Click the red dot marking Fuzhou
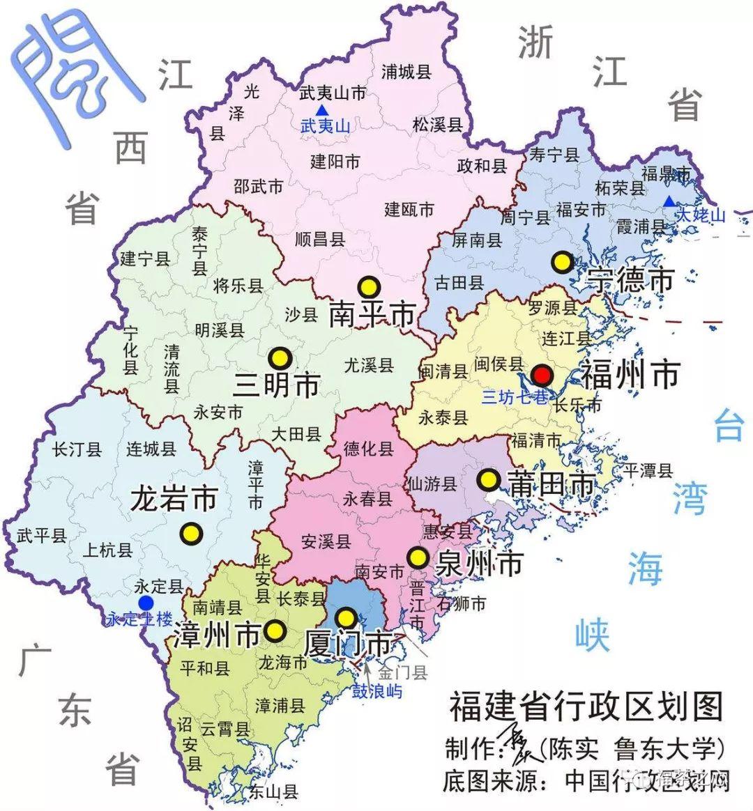click(542, 376)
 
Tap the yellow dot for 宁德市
click(562, 262)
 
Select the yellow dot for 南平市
click(367, 286)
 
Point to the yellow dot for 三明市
click(280, 357)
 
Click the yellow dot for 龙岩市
click(190, 534)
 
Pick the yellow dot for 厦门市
click(346, 617)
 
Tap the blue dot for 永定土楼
click(146, 602)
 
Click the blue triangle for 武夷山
click(321, 110)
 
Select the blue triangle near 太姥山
click(669, 201)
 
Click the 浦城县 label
click(406, 72)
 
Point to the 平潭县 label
click(648, 470)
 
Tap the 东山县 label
click(273, 791)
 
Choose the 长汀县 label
click(77, 449)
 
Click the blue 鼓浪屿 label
click(376, 692)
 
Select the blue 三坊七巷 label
click(515, 398)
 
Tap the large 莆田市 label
click(552, 485)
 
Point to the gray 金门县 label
click(402, 673)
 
